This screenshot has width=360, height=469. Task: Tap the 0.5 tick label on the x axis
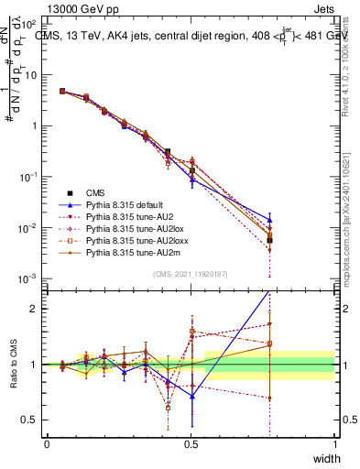(x=191, y=444)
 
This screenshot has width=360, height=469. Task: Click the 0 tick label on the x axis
(x=48, y=444)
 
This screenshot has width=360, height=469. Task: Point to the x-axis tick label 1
(x=335, y=444)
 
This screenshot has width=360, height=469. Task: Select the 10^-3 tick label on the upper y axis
(x=29, y=278)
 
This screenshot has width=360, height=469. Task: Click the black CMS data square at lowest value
(x=269, y=240)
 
